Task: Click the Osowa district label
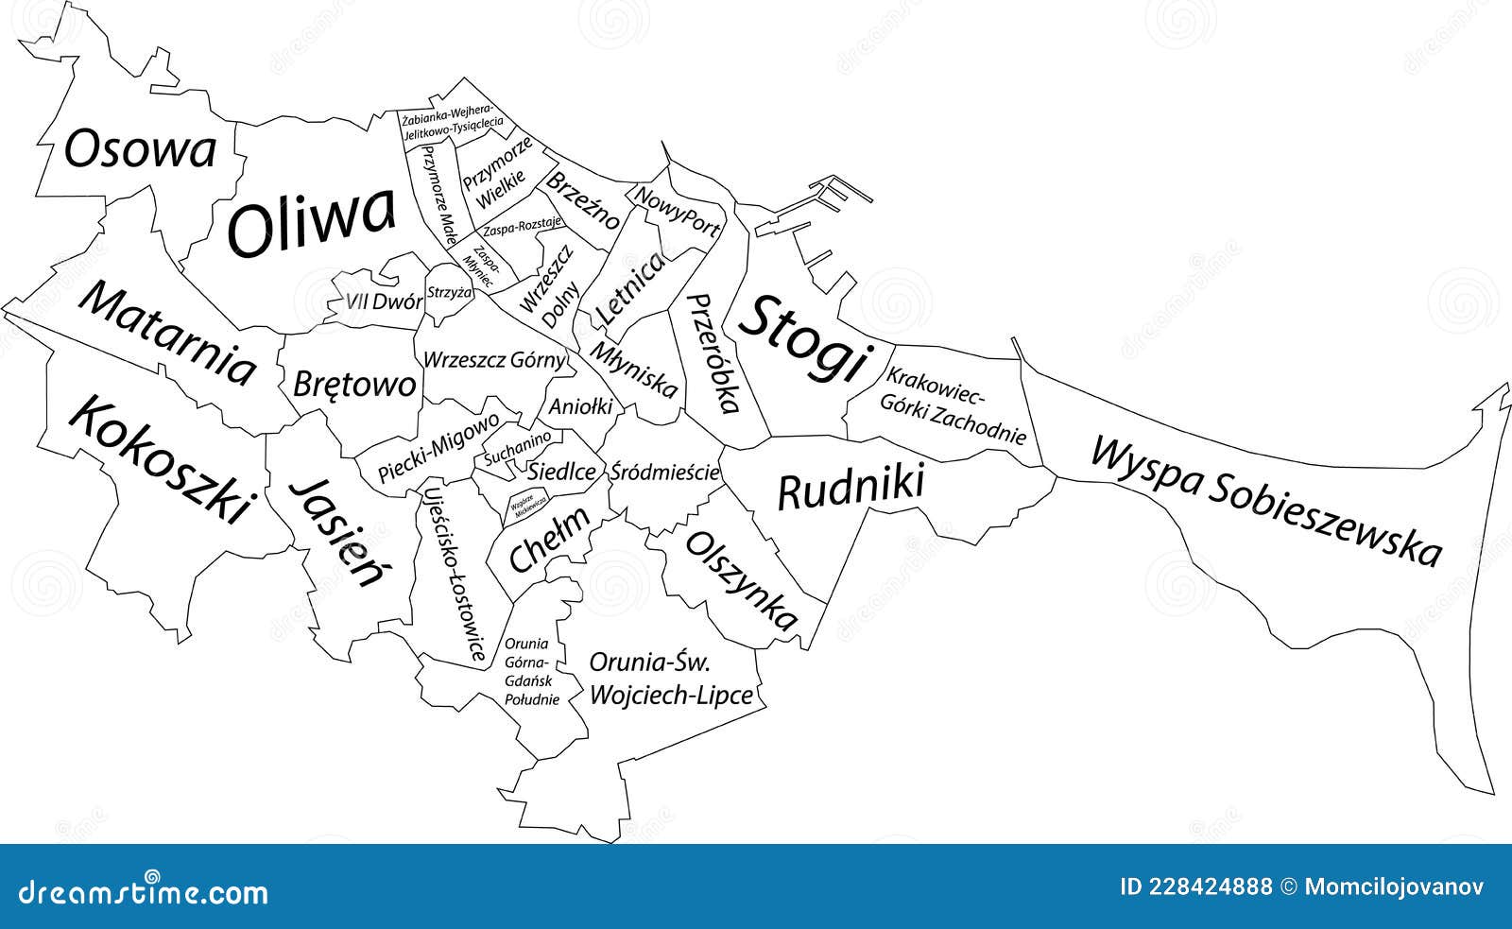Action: [x=140, y=150]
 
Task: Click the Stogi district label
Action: [x=803, y=338]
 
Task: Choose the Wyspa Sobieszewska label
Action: [x=1266, y=500]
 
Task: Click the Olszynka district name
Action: [x=742, y=580]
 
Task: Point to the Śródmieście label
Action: [x=665, y=471]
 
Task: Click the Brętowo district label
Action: [x=354, y=384]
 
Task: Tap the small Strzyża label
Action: [x=449, y=293]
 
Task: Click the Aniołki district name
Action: [x=581, y=407]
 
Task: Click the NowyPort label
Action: [x=677, y=211]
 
